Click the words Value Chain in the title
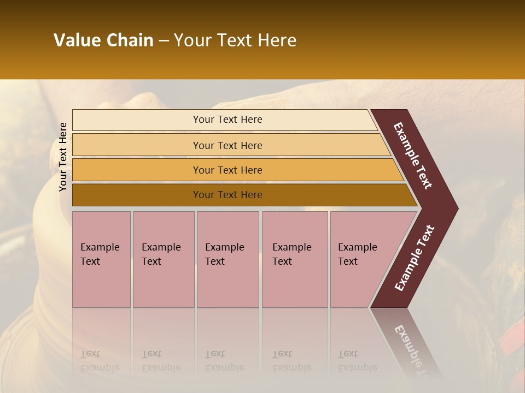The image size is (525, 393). (103, 40)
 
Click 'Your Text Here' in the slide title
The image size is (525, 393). (235, 40)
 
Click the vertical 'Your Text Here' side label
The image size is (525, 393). (63, 157)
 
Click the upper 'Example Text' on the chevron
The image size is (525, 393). (413, 156)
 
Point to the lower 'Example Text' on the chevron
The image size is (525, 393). (415, 258)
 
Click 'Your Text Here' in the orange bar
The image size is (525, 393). (227, 170)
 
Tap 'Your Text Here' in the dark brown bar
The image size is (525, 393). (227, 195)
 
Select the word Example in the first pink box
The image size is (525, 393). (100, 247)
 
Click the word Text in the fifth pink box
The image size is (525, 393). (347, 261)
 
